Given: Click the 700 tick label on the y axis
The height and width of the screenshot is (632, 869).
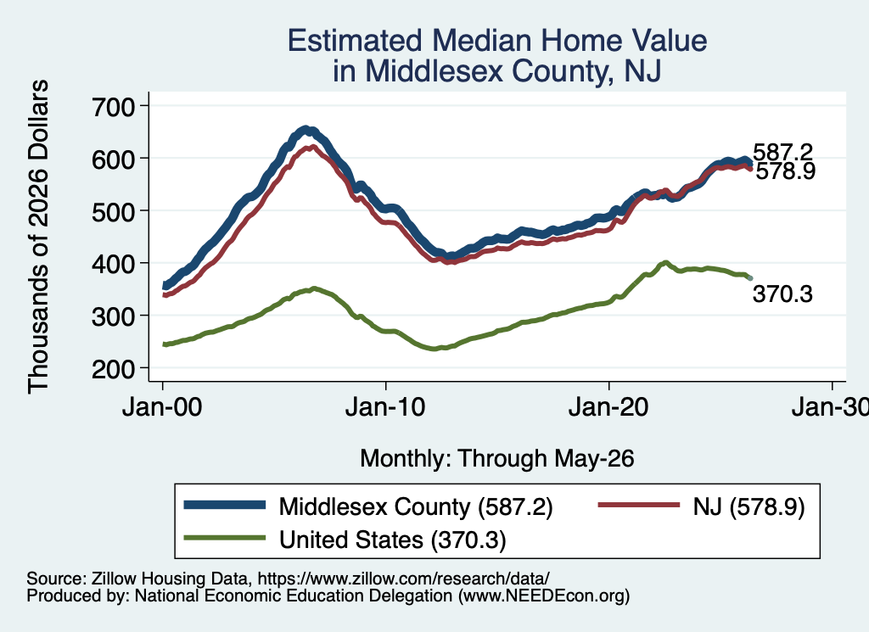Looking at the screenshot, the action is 113,106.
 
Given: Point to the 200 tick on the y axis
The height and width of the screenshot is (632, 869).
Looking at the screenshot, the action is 113,368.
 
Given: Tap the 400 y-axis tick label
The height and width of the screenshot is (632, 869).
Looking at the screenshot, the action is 113,264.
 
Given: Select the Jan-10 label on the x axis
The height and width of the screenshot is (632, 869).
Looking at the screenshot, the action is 385,408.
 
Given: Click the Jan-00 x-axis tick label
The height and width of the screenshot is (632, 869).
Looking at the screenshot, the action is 162,408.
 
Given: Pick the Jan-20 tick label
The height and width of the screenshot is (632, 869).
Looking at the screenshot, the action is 608,408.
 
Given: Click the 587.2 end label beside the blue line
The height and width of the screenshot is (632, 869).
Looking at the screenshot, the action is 782,151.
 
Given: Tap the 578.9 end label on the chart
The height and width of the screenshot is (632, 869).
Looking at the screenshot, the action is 785,171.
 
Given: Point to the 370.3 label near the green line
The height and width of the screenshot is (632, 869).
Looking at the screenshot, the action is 782,294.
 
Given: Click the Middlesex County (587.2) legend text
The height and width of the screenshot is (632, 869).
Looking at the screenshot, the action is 416,506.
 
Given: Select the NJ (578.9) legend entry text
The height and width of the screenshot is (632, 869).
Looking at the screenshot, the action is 748,506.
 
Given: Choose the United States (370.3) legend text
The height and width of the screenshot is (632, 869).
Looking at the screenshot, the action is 392,540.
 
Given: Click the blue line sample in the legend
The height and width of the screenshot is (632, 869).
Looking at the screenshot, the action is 225,505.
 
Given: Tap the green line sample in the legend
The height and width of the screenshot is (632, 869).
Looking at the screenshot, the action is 225,537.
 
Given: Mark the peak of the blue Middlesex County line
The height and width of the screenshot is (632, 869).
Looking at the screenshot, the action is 306,130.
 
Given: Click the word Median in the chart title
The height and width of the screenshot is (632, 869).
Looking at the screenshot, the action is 480,41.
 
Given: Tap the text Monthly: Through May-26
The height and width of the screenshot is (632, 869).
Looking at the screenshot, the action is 497,459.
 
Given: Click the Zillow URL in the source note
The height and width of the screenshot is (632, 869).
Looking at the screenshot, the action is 403,579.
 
